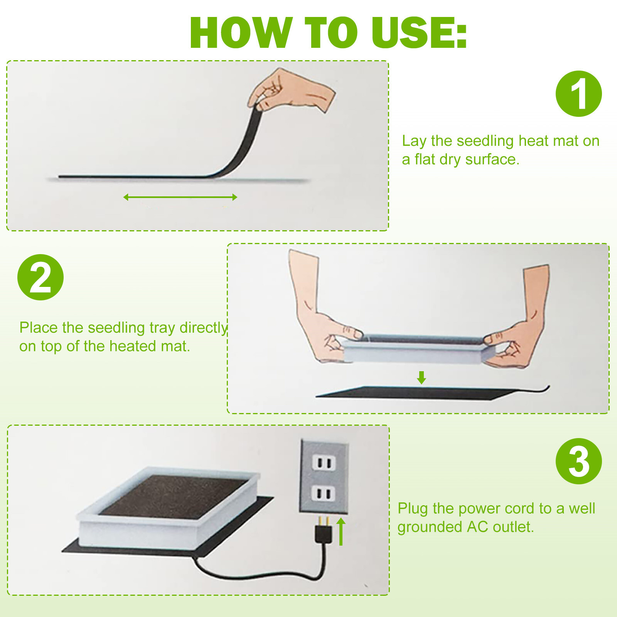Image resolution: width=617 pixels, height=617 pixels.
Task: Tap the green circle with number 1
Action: click(x=578, y=94)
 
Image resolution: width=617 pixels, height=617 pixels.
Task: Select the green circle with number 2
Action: click(x=40, y=277)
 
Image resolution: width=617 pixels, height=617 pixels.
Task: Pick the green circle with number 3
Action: click(x=578, y=461)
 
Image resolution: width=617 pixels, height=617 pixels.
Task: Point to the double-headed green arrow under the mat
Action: click(x=180, y=197)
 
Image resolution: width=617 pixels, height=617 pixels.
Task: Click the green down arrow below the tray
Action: click(x=421, y=378)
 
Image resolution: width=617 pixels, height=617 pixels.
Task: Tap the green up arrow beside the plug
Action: click(x=341, y=532)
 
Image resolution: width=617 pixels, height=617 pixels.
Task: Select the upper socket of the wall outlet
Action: click(x=324, y=462)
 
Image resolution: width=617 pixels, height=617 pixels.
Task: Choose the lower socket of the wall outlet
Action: click(x=324, y=493)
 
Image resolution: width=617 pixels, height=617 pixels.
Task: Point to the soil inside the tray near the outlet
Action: click(x=174, y=496)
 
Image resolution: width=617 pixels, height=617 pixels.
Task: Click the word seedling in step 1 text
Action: click(x=485, y=142)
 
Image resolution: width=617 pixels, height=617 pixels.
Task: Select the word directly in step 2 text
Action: click(x=204, y=328)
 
